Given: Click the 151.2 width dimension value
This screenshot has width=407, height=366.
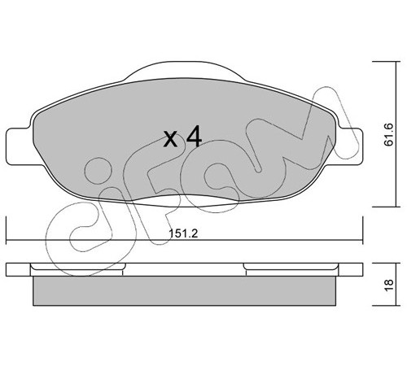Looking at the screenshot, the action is [x=183, y=233].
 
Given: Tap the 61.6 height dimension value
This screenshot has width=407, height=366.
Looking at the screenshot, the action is [x=388, y=134].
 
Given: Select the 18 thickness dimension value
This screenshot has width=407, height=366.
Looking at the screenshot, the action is [x=389, y=285].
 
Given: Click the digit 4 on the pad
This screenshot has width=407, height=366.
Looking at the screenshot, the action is [x=195, y=136].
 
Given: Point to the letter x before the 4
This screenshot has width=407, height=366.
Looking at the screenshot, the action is [x=171, y=139].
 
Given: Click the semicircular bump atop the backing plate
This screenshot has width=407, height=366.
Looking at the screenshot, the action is [x=185, y=71].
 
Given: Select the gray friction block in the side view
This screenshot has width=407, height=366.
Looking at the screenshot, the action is [x=185, y=291].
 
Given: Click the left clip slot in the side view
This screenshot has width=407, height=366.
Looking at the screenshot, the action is [x=78, y=267].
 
